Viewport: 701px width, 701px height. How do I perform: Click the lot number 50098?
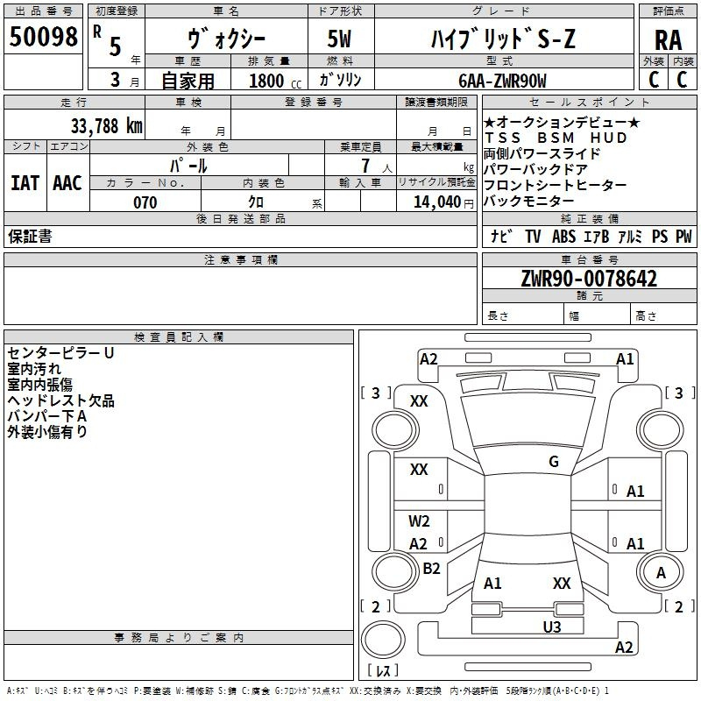tap(43, 37)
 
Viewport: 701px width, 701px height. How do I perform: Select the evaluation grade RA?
tap(668, 39)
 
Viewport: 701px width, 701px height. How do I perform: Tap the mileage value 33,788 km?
tap(107, 125)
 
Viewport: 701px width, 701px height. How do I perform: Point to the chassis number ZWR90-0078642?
tap(589, 280)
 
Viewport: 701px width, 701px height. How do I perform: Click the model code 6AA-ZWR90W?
tap(502, 80)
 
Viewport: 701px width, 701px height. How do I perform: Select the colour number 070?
tap(145, 202)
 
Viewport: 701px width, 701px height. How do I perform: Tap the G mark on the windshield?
tap(553, 462)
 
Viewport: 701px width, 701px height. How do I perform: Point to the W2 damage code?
tap(419, 521)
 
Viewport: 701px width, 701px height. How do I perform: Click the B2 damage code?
tap(431, 569)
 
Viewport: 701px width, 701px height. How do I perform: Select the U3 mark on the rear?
tap(551, 627)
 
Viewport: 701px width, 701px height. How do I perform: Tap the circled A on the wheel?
tap(661, 573)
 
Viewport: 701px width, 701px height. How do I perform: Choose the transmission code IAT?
tap(25, 182)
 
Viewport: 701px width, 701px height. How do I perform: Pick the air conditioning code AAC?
tap(67, 182)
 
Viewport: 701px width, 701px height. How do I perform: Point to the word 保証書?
tap(30, 237)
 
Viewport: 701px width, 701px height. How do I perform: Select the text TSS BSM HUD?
tap(556, 138)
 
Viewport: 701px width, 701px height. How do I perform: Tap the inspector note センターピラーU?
tap(60, 353)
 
